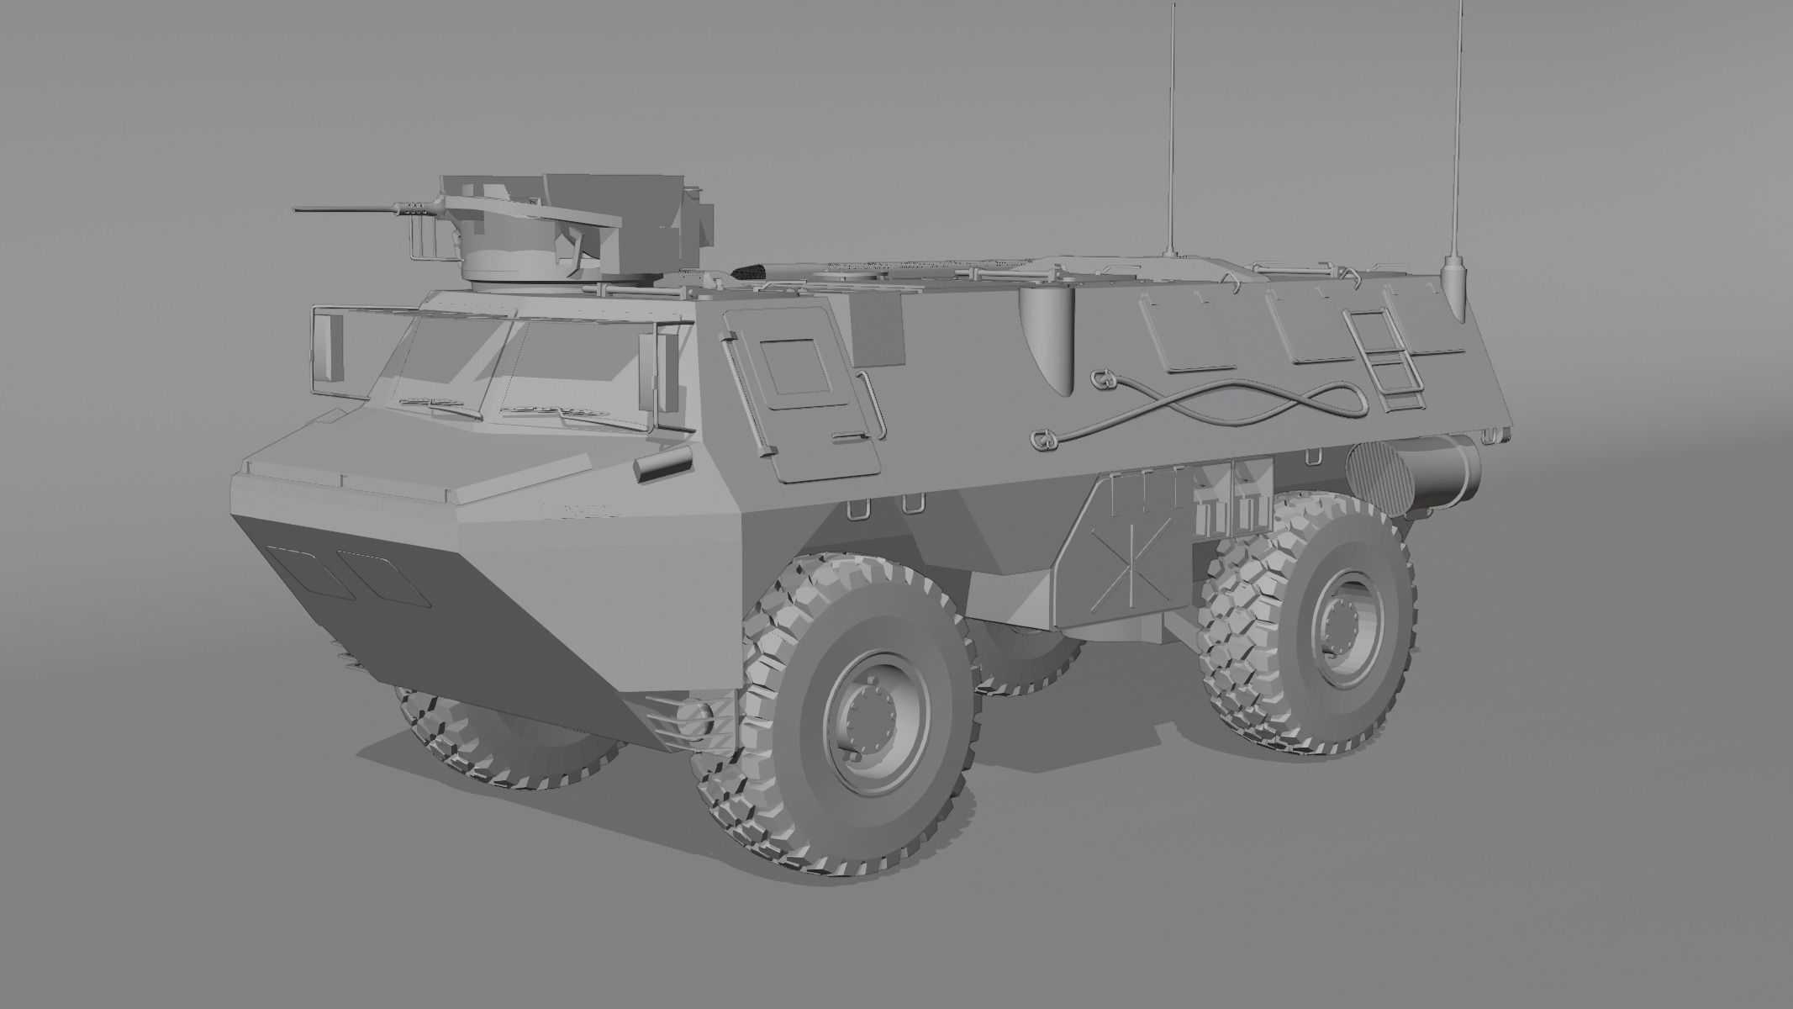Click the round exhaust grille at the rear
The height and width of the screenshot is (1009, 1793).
tap(1379, 480)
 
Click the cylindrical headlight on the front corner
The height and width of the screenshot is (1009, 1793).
tap(663, 464)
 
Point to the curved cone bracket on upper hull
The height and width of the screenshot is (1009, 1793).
tap(1047, 336)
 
